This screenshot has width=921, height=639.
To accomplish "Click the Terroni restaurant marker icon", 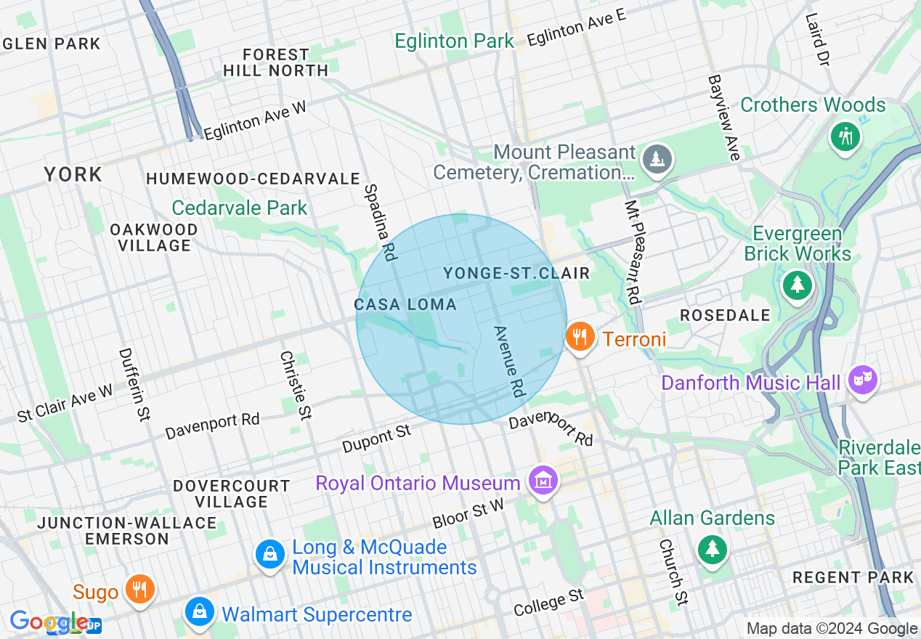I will tap(580, 338).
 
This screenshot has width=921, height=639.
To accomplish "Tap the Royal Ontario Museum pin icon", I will tap(543, 481).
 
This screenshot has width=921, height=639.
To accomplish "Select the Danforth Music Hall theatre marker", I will tap(863, 380).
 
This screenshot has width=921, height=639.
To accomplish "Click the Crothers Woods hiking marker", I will tap(845, 135).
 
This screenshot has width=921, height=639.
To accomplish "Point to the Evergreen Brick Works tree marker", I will tap(798, 284).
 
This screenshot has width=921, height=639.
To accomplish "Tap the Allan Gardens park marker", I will tap(712, 548).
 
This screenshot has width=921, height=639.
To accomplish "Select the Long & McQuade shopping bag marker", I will tap(269, 555).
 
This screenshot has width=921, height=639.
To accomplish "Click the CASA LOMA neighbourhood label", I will tap(405, 304).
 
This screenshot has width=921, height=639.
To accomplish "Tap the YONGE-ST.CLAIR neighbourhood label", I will tap(516, 273).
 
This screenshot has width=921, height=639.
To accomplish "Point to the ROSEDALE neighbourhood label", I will tap(725, 315).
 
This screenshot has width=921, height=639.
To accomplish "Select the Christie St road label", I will tap(296, 386).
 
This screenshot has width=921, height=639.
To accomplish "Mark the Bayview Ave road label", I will tap(723, 117).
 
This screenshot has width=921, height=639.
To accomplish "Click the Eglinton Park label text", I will tap(454, 41).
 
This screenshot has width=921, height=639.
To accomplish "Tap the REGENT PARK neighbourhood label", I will tap(853, 577).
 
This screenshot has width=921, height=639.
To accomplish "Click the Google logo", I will tap(48, 622).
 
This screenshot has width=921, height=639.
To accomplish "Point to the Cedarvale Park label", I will tap(240, 208).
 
